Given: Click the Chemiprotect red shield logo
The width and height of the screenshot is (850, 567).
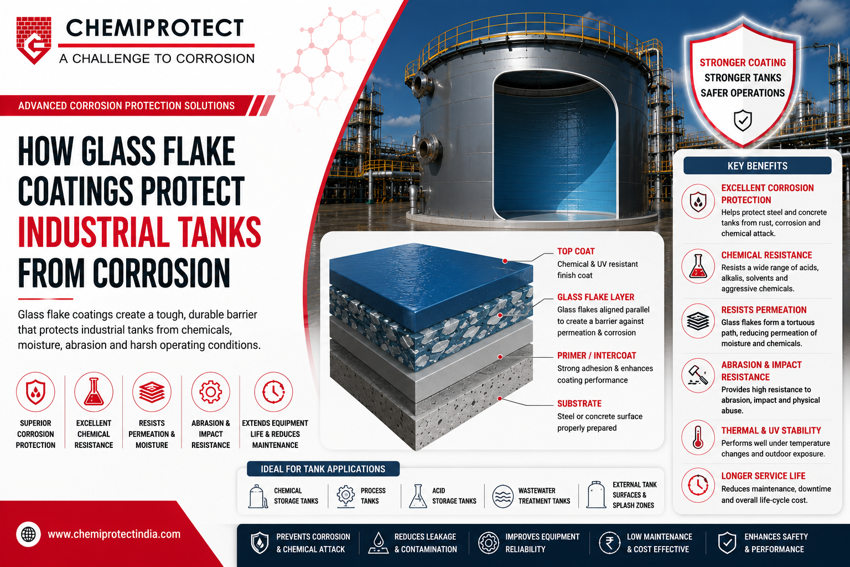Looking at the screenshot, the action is pos(34,40).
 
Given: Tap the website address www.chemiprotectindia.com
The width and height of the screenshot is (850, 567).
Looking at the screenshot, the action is pos(114,534).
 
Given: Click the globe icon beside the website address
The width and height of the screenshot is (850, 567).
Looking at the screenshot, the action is pos(28,534).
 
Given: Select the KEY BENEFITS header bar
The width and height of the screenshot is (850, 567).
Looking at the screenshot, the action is pos(758,166).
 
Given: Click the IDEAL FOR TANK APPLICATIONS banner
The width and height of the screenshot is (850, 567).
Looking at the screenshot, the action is pos(323,469).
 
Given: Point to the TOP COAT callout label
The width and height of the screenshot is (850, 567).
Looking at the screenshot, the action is pos(576,251).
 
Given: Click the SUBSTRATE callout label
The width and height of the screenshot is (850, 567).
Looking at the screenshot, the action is pos(579,403).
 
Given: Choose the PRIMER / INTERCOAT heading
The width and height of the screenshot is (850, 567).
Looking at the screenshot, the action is pos(597,355).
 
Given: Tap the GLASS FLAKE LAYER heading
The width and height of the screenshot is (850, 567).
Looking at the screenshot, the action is pos(595,297).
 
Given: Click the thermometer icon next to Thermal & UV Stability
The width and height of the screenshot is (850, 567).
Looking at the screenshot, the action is pos(698,437).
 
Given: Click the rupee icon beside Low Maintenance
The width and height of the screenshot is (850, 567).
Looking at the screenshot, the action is pos(609,543).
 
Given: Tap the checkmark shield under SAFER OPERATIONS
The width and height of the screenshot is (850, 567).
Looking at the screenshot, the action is pos(743,120).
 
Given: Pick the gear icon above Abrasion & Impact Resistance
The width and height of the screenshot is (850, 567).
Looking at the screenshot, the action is pos(211,391).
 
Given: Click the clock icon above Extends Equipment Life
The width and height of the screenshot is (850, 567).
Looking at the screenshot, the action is pos(273,391).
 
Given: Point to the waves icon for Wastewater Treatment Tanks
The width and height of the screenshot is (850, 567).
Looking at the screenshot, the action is pos(503,496).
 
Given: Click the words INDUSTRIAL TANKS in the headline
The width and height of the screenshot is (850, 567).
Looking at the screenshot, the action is pos(139,232).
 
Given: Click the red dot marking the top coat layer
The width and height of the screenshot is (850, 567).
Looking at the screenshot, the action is pos(505,261).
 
